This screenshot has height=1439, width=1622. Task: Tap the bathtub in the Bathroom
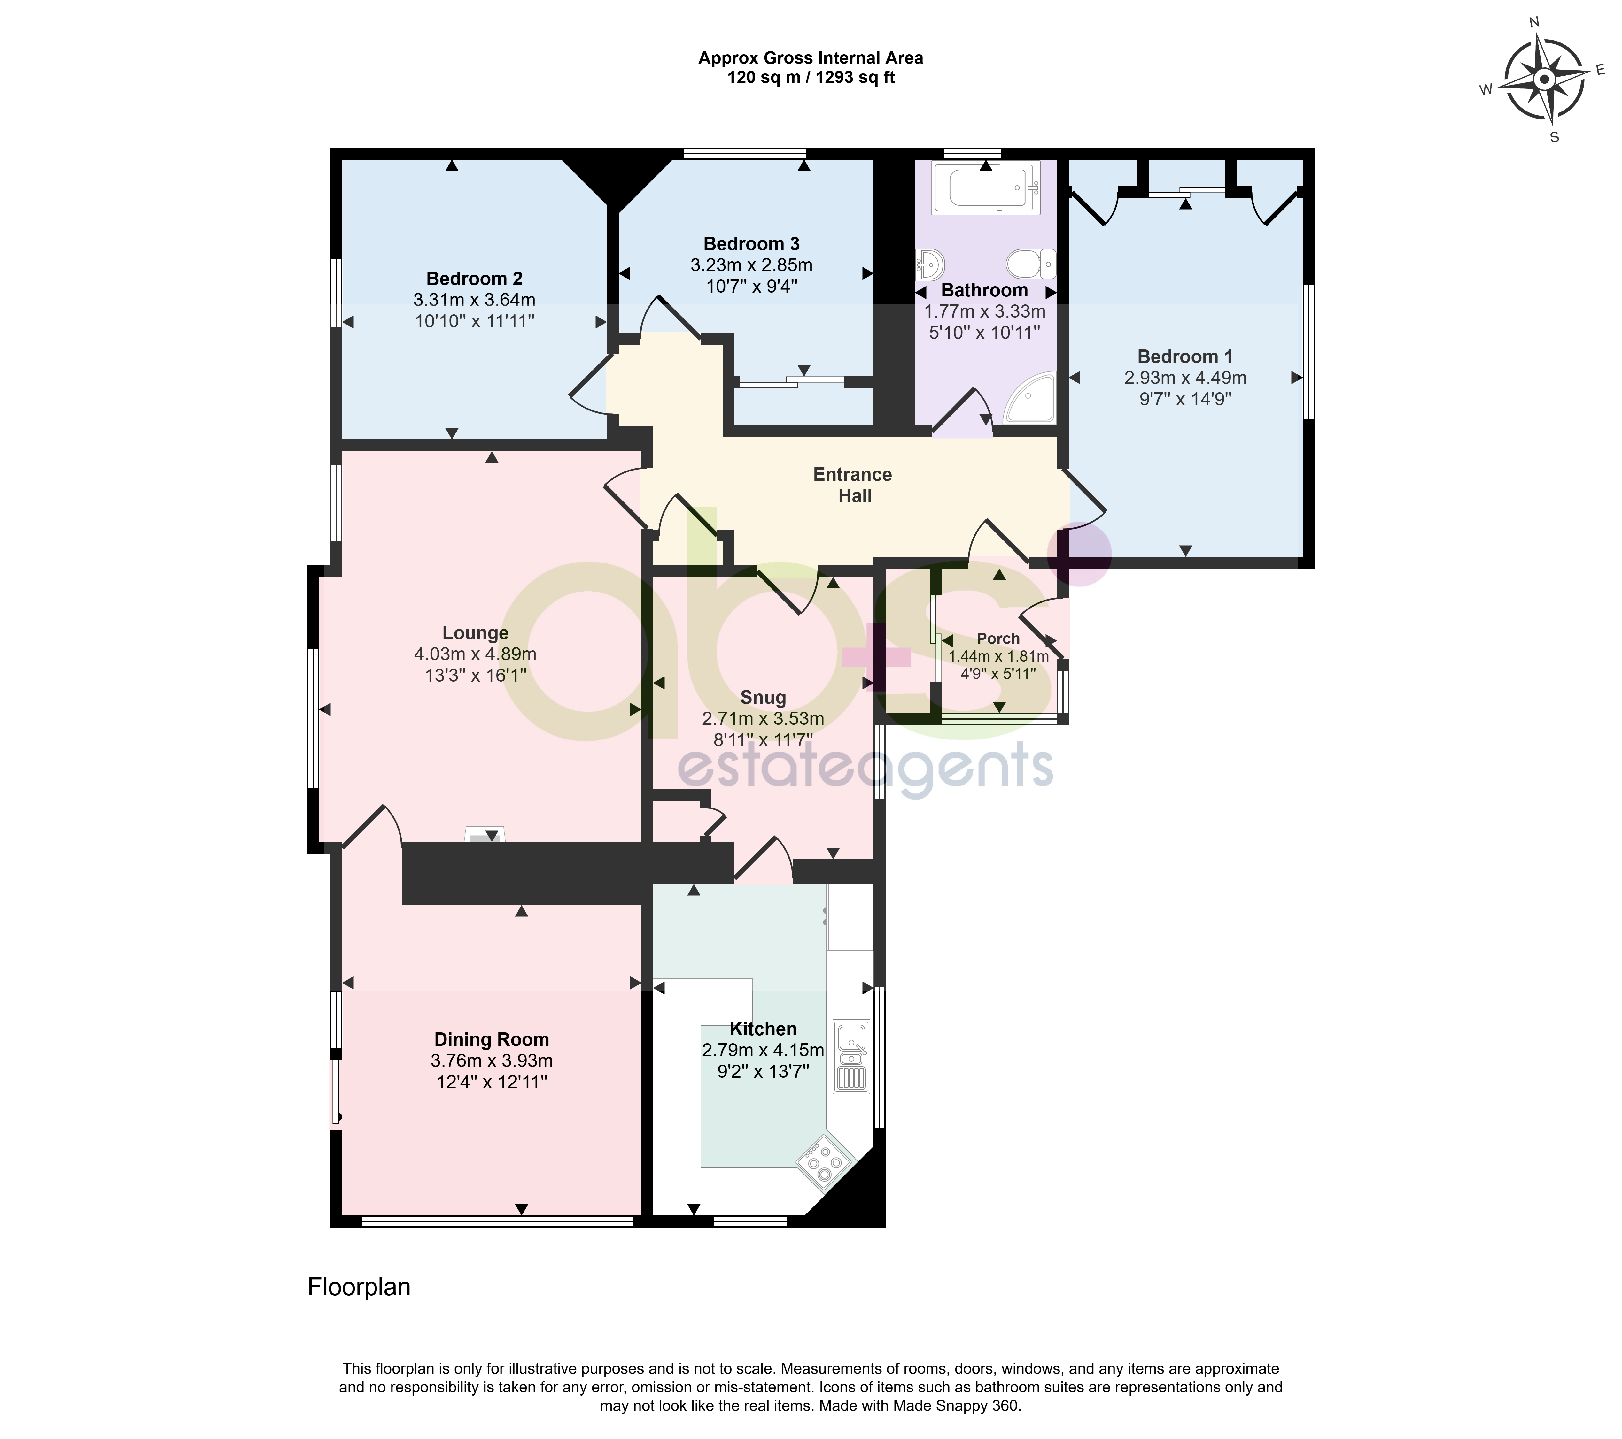click(986, 187)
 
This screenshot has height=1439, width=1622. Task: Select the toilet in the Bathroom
click(1032, 263)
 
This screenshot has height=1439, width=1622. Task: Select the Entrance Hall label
click(853, 485)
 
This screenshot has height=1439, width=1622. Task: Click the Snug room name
click(763, 697)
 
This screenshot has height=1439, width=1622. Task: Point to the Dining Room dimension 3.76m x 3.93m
click(492, 1060)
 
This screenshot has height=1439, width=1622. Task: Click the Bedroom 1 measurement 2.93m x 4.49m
click(1185, 378)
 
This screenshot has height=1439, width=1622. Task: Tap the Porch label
click(998, 639)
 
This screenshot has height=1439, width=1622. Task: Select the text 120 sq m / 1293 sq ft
click(811, 78)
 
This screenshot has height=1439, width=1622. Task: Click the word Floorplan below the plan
click(359, 1287)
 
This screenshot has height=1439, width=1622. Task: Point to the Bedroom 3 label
click(751, 243)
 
